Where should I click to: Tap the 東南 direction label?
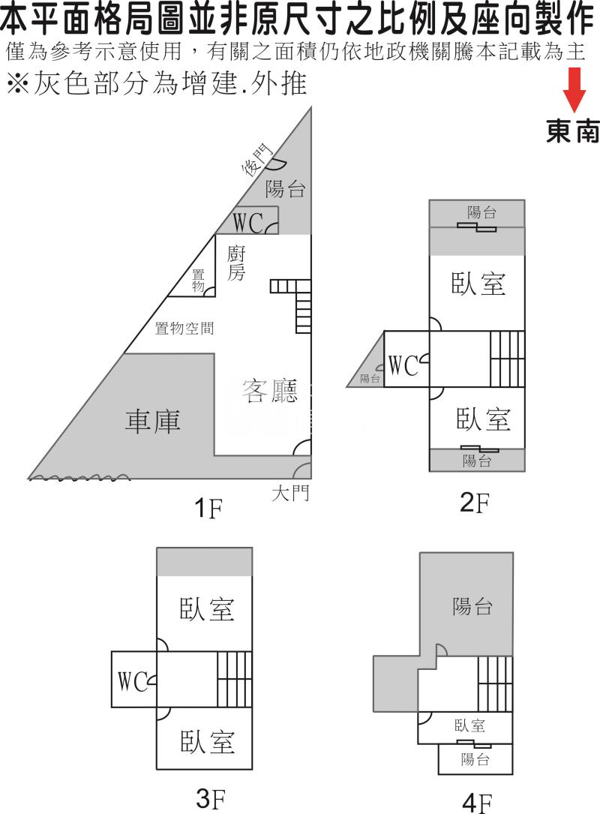pos(572,132)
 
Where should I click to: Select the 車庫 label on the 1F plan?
pos(153,421)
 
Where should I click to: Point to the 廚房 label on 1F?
pos(236,263)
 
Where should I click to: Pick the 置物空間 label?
pos(184,328)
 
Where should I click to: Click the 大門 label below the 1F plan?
pos(290,493)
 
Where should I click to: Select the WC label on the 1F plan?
pos(247,222)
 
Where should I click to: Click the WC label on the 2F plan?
pos(403,365)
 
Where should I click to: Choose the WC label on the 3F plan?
pos(133,681)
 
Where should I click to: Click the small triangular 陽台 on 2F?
pos(369,379)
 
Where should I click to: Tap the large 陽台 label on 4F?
pos(472,606)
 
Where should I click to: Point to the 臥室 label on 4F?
pos(469,725)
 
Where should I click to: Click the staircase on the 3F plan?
pos(234,679)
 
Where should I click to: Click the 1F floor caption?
pos(208,509)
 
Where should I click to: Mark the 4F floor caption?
pos(478,803)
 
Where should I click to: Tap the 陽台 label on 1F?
pos(286,189)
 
